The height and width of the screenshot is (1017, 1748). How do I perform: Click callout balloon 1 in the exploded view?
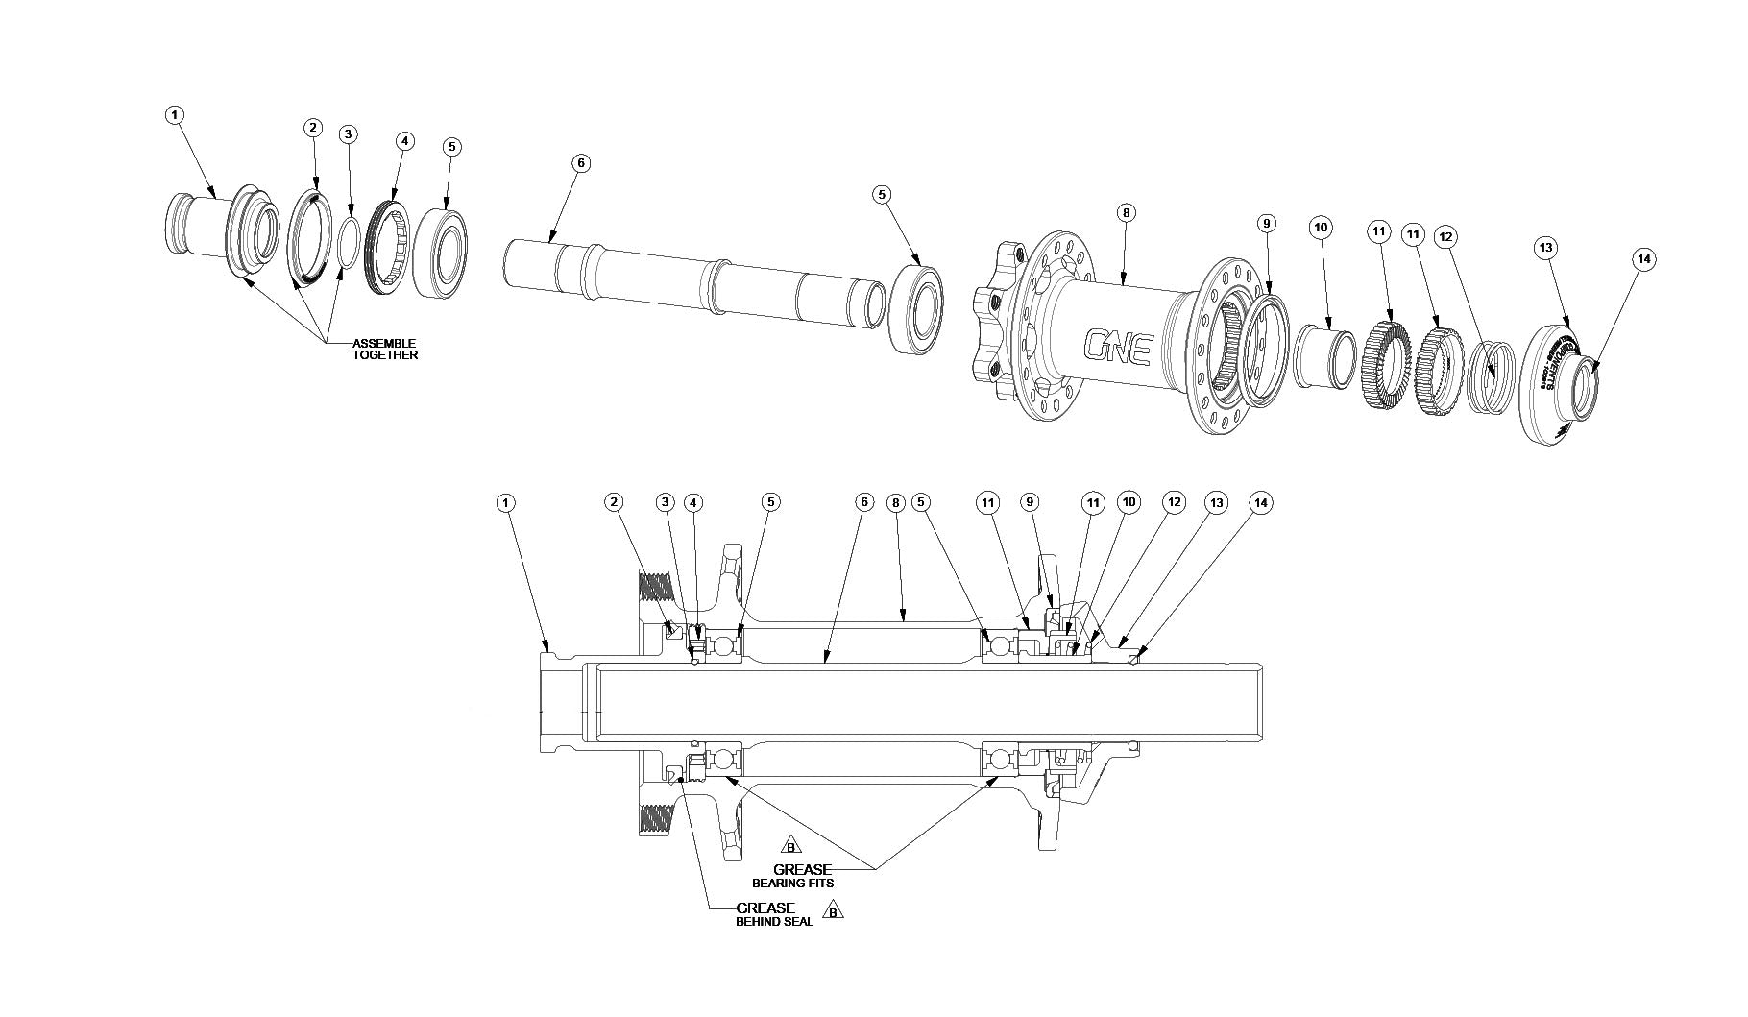pyautogui.click(x=174, y=115)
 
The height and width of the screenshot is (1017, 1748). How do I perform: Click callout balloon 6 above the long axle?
pyautogui.click(x=579, y=163)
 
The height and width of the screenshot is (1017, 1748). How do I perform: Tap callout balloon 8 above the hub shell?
pyautogui.click(x=1127, y=212)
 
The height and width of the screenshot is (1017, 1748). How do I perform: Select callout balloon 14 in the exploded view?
pyautogui.click(x=1643, y=259)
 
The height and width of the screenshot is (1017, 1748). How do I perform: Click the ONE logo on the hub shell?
pyautogui.click(x=1118, y=347)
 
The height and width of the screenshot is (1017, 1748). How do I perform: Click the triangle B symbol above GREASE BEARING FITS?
pyautogui.click(x=790, y=846)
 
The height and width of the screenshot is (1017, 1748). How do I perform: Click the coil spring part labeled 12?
pyautogui.click(x=1492, y=366)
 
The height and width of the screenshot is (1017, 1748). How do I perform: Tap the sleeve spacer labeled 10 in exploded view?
pyautogui.click(x=1325, y=356)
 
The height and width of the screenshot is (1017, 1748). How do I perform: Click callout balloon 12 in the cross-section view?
pyautogui.click(x=1173, y=502)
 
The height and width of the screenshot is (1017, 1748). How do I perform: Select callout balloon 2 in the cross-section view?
pyautogui.click(x=614, y=502)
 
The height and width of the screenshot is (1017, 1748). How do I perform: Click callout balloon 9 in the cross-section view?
pyautogui.click(x=1030, y=502)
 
